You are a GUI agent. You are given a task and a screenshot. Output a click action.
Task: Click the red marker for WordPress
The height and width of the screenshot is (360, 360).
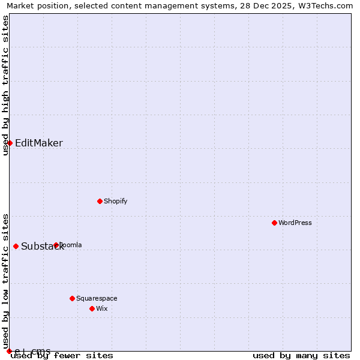click(x=274, y=223)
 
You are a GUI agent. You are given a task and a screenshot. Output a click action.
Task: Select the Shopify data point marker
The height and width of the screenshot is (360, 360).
click(x=100, y=201)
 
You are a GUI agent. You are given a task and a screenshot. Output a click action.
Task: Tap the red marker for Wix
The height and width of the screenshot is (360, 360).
click(x=92, y=308)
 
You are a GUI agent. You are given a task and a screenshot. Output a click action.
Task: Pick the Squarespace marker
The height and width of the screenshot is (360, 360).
click(x=72, y=298)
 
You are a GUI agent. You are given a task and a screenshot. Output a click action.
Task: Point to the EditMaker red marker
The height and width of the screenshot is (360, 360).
click(x=10, y=143)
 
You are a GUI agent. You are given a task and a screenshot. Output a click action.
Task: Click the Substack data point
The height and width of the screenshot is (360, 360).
click(x=16, y=246)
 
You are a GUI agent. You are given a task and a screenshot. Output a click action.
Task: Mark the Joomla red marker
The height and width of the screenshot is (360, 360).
click(x=56, y=245)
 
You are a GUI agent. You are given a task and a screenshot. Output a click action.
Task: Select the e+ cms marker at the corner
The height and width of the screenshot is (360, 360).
click(x=9, y=351)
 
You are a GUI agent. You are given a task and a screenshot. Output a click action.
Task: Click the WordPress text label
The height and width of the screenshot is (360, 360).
click(x=295, y=223)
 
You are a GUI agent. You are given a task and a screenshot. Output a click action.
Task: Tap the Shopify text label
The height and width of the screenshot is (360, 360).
click(x=116, y=201)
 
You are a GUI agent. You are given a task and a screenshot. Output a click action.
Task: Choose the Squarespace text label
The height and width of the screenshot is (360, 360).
click(x=97, y=298)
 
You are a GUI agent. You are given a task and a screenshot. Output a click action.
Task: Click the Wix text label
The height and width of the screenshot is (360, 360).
click(x=102, y=308)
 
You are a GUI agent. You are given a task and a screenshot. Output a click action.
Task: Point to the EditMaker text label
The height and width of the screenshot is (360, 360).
click(x=39, y=143)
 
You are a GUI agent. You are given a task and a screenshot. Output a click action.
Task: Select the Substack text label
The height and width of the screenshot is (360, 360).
click(x=42, y=247)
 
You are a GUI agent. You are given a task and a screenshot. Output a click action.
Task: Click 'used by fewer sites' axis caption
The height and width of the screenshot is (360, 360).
click(x=62, y=356)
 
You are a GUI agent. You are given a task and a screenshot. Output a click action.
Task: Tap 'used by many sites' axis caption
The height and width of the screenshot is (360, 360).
click(x=301, y=356)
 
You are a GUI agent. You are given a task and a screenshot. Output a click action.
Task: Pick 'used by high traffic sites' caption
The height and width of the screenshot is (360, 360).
click(x=6, y=85)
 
